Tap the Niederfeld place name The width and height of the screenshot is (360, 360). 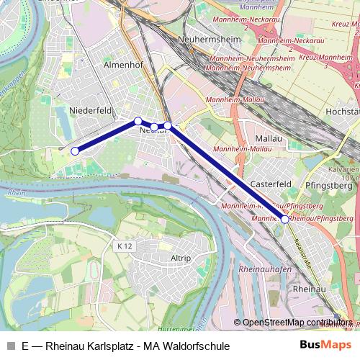coord(91,110)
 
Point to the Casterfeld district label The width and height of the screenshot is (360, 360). coord(270,184)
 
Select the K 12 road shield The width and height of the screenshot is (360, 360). coord(125,246)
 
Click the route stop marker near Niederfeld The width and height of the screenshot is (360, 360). coord(75,151)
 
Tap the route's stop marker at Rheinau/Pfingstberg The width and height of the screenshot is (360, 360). coord(285,219)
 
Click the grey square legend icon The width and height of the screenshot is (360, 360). coord(9,346)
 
